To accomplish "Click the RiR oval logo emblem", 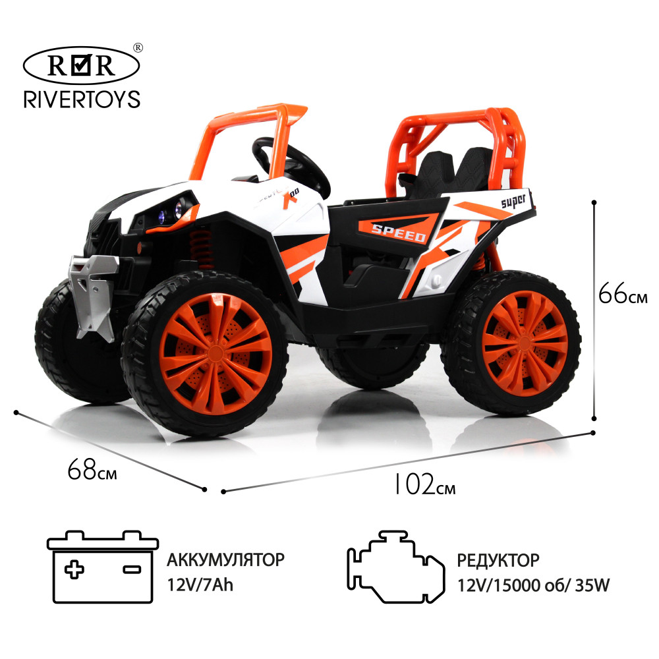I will [82, 66].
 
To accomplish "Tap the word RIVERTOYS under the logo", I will [82, 99].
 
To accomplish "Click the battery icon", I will [103, 568].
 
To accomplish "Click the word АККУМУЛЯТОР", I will [226, 560].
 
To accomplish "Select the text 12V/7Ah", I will [200, 585].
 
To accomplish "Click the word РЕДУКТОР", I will [498, 560].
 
